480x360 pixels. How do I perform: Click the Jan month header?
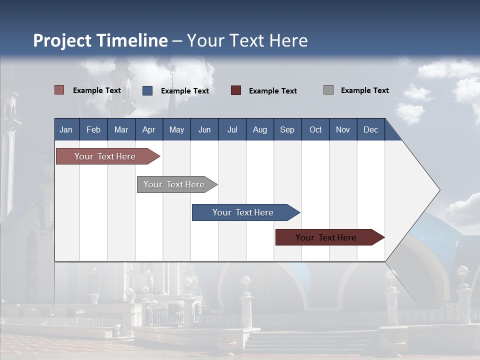[66, 129]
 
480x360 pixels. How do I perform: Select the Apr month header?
[149, 129]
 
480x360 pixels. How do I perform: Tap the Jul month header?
[232, 129]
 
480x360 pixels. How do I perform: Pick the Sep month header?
[287, 129]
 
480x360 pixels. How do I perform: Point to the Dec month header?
[370, 129]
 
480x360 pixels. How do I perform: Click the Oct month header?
[315, 129]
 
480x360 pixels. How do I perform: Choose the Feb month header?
[93, 129]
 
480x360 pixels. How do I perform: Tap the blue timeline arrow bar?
[243, 212]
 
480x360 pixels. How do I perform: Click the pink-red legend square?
[59, 90]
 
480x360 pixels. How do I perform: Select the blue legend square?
[147, 90]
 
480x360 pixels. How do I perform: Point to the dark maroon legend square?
[236, 90]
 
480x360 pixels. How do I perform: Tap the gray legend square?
[328, 90]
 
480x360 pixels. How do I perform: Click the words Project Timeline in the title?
[100, 40]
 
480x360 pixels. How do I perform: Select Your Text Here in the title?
[247, 40]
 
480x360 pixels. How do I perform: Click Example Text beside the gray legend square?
[364, 90]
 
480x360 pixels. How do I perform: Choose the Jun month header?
[204, 129]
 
